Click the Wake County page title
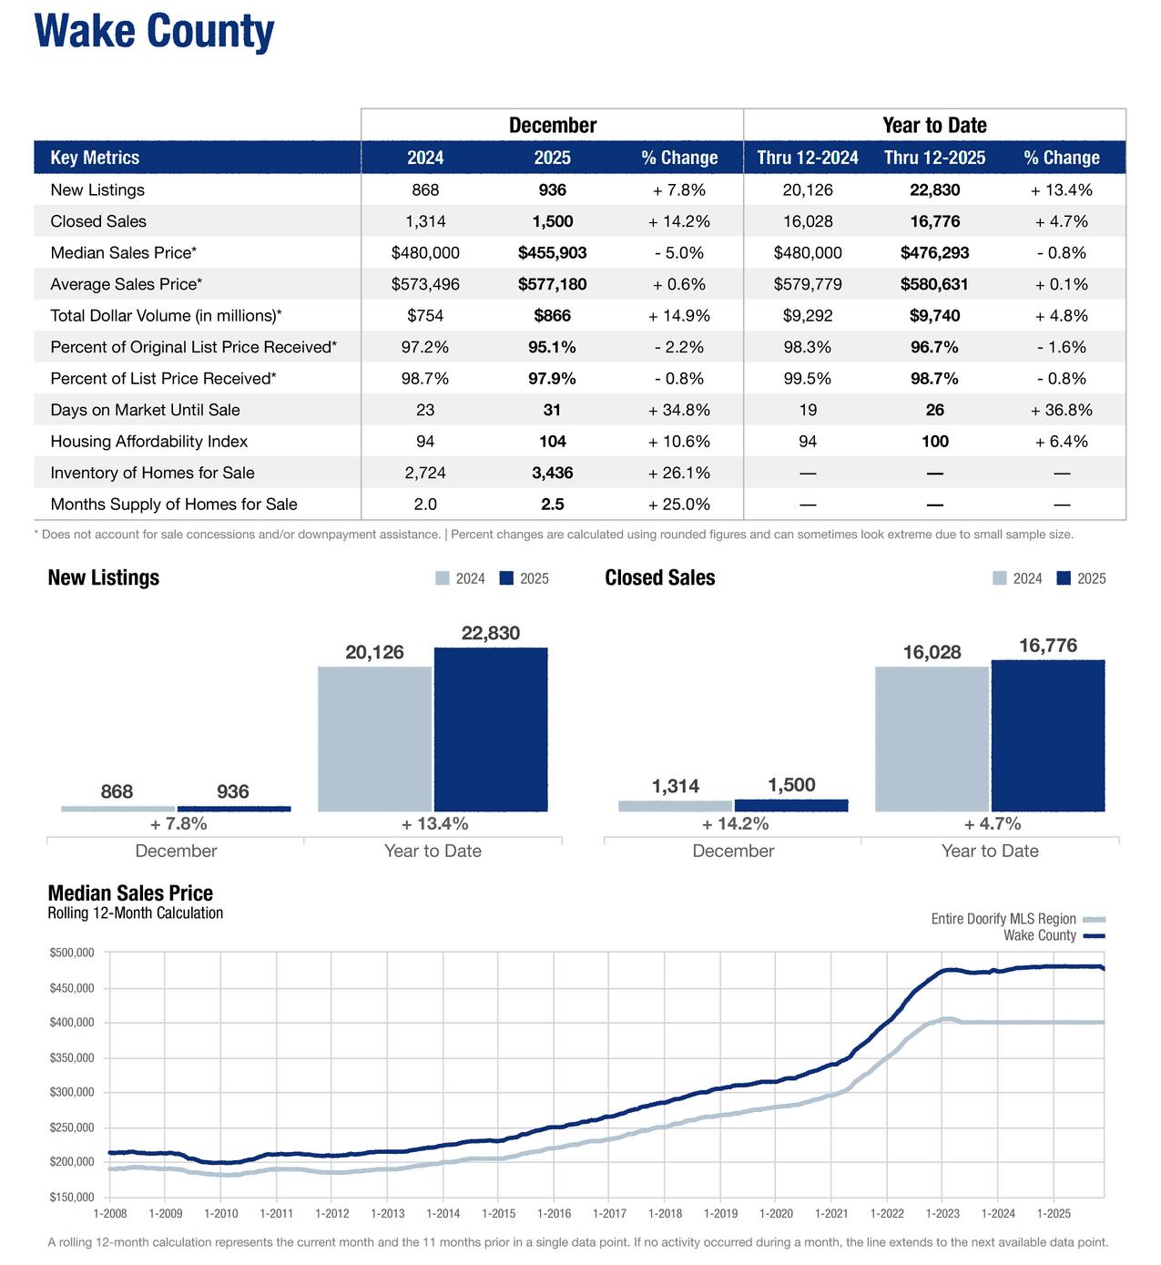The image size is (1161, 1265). [154, 32]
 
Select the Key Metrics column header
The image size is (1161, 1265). [95, 158]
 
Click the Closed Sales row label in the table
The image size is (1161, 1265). [98, 221]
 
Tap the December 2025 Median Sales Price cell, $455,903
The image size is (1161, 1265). [552, 253]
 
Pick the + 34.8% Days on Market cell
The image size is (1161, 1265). [678, 410]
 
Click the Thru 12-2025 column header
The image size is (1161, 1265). [934, 158]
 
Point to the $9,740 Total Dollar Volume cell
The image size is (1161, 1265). [934, 316]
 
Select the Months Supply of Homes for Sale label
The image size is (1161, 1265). [174, 505]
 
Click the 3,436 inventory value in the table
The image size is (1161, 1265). [552, 473]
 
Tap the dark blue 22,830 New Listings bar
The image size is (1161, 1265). [491, 729]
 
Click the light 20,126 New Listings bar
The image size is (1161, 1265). [374, 738]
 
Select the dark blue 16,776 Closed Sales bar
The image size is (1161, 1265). [1048, 735]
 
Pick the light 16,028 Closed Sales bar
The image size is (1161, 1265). [932, 739]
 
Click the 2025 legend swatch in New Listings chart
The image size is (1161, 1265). [507, 578]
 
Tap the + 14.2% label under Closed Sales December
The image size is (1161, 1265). [735, 824]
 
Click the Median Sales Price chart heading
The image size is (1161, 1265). [130, 893]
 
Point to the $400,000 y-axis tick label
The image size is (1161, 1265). [73, 1023]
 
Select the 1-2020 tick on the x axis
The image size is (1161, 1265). [776, 1214]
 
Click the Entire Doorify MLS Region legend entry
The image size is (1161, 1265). [1003, 920]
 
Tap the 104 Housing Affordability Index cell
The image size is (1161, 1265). [552, 442]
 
